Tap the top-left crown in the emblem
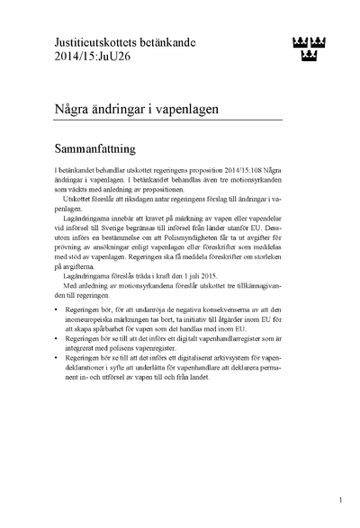[299, 41]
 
